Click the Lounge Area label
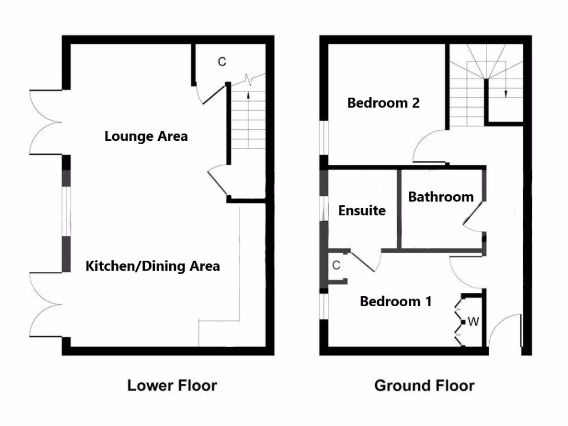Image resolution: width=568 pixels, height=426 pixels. pos(146,136)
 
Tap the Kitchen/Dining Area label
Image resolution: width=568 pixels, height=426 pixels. pos(152,266)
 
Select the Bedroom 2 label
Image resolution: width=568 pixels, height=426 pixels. pos(383,103)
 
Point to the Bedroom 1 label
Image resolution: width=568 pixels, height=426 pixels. pos(395,302)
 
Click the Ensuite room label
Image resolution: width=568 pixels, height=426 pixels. pos(362,211)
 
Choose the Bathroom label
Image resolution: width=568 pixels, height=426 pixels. pos(441,197)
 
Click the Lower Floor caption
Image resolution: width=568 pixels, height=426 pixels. pos(172,385)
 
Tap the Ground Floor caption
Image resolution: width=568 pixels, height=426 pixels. pos(424,385)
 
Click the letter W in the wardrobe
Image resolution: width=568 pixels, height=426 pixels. pos(473,322)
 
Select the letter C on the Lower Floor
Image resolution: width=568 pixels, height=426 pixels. pos(221,62)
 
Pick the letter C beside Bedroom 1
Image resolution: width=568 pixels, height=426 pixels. pos(336,266)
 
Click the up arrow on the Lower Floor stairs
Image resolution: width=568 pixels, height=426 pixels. pos(247,95)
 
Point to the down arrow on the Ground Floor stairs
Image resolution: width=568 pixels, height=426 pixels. pos(505,93)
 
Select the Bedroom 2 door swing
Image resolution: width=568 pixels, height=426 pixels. pos(428,148)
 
